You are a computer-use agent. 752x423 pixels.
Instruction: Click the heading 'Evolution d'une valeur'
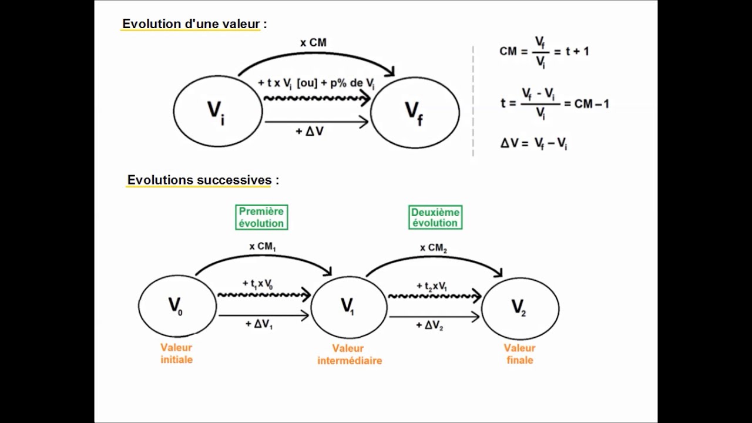point(191,24)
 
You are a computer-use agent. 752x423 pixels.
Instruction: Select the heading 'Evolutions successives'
point(200,180)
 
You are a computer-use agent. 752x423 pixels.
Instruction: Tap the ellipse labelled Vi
point(217,112)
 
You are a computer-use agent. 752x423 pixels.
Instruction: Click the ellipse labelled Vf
point(415,112)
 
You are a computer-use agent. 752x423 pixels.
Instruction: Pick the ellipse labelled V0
point(177,306)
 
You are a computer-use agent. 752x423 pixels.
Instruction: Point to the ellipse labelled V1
point(348,306)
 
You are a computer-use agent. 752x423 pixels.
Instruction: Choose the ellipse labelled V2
point(519,307)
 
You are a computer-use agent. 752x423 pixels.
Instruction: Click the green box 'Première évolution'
point(261,217)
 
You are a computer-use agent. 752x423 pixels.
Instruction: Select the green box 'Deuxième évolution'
point(435,217)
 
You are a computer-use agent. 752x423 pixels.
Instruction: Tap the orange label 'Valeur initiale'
point(177,354)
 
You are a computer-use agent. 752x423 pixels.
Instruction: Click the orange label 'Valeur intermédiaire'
point(350,355)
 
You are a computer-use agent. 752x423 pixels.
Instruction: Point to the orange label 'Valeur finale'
point(519,354)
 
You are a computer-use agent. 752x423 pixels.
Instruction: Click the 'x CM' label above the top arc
point(313,42)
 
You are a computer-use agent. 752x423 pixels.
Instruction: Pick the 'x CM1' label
point(262,247)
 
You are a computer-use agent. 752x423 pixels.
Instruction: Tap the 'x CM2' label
point(434,248)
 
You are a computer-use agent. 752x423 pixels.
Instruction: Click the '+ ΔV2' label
point(429,325)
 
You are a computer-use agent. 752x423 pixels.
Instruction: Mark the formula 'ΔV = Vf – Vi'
point(533,143)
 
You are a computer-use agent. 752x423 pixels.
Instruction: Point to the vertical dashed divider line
point(473,100)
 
